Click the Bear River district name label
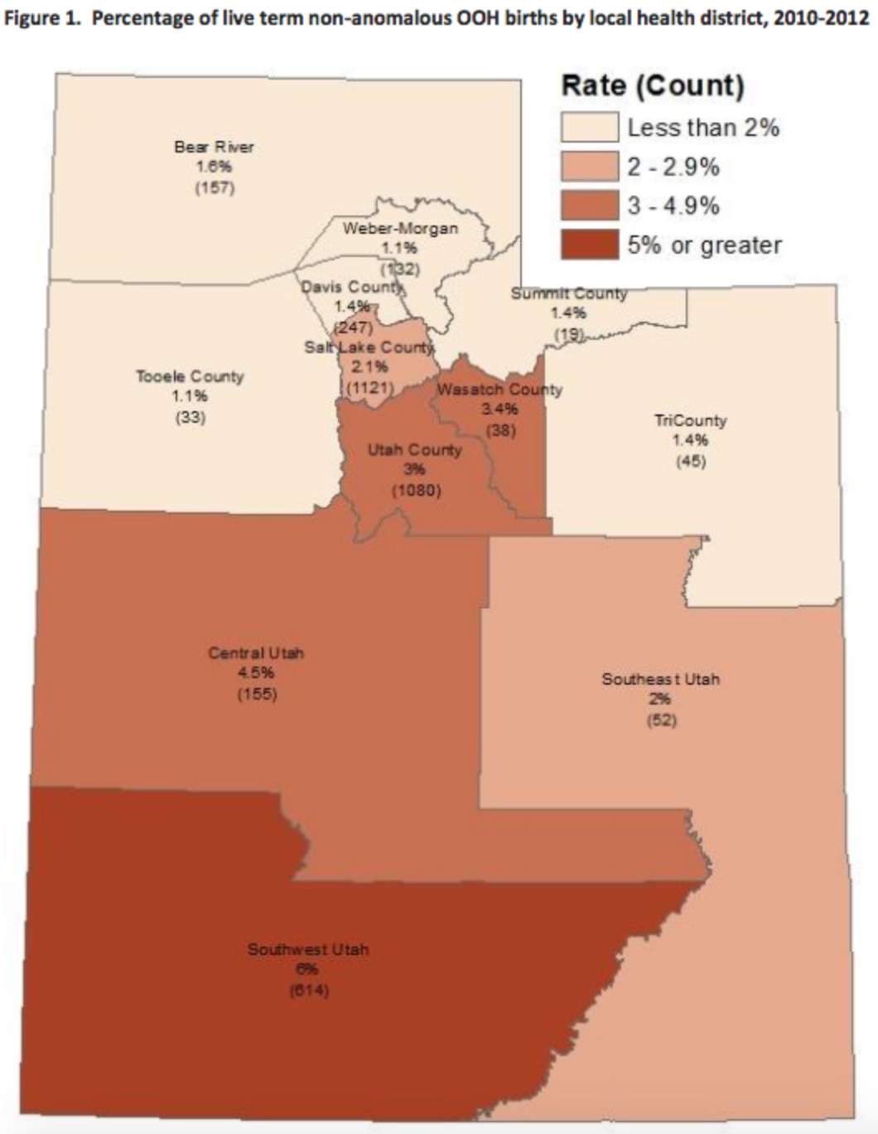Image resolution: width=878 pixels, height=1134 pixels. click(214, 147)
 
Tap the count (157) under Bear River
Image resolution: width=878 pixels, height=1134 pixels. click(215, 187)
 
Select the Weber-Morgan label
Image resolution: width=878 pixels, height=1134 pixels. click(400, 228)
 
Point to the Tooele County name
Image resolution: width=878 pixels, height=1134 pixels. click(190, 376)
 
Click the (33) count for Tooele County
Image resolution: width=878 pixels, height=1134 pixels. click(190, 417)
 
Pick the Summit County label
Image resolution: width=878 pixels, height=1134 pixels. click(569, 293)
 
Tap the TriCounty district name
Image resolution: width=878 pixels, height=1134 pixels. click(690, 420)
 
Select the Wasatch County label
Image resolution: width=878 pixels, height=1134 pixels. click(499, 389)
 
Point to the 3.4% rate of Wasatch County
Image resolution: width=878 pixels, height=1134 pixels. click(499, 409)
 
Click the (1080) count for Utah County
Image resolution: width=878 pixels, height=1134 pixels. click(416, 490)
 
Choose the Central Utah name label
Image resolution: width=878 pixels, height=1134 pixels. click(256, 653)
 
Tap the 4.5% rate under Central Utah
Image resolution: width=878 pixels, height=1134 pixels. click(256, 673)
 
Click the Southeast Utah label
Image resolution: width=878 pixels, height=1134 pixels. click(660, 679)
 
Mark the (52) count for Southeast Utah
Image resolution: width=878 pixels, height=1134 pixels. click(661, 720)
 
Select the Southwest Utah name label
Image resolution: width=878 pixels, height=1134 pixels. click(308, 949)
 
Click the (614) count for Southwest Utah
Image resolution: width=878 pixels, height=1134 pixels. click(308, 990)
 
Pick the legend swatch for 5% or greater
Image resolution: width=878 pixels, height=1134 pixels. click(589, 245)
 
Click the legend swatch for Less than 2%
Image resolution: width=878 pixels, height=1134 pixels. click(589, 128)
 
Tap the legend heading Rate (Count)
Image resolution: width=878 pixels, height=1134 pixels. click(653, 85)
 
